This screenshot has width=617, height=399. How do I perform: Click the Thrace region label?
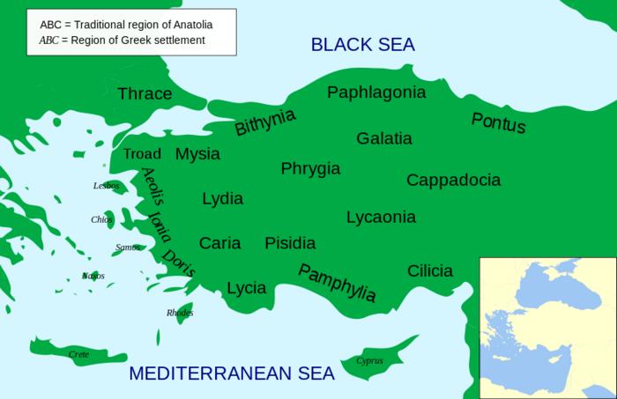click(145, 94)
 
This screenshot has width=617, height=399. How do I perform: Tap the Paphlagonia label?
click(376, 92)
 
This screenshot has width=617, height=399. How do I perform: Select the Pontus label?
click(498, 123)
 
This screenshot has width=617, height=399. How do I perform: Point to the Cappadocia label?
click(453, 180)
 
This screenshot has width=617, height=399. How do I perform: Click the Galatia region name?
click(383, 138)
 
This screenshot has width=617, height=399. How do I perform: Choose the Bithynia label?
click(264, 122)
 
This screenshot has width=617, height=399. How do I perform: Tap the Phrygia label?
click(310, 168)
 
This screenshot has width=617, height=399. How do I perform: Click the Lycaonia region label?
click(381, 217)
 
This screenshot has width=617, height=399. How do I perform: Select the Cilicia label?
click(430, 270)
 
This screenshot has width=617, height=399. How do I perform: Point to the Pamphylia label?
click(337, 283)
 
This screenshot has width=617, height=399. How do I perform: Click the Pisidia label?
click(290, 243)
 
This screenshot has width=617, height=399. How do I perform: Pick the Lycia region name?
click(247, 288)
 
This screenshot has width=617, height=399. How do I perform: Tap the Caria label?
click(219, 243)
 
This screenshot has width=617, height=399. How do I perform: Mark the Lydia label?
click(222, 198)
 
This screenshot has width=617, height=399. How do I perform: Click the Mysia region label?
click(197, 154)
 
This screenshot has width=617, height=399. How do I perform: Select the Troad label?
click(142, 154)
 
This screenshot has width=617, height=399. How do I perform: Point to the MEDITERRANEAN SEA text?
click(232, 373)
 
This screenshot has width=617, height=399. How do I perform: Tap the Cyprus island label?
click(370, 360)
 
